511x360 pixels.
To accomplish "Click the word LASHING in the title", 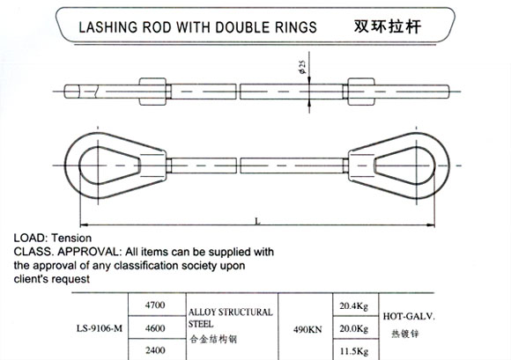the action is (x=108, y=27).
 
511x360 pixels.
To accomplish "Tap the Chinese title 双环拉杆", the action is (x=388, y=26).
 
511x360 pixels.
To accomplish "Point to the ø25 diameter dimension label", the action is (x=303, y=67).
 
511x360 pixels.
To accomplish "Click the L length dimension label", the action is (x=257, y=221).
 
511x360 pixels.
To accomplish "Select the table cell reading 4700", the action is (x=155, y=305).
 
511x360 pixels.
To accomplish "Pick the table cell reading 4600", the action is (x=155, y=328).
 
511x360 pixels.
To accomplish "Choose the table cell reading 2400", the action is (x=155, y=350).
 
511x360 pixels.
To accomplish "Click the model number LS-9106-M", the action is (x=100, y=328).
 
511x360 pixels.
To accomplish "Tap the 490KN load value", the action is (x=307, y=329).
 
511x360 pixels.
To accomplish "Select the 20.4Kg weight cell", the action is (x=354, y=306).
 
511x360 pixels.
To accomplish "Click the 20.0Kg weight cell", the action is (x=354, y=328).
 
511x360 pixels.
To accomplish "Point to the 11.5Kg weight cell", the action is (x=354, y=351).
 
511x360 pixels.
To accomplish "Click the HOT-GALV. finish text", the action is (x=409, y=316).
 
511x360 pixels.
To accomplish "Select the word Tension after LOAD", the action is (x=71, y=238).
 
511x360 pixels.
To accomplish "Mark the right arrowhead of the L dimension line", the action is (x=431, y=224).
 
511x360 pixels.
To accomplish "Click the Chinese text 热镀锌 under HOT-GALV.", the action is (x=405, y=334).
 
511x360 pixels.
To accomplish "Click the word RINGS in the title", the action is (x=296, y=27).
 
